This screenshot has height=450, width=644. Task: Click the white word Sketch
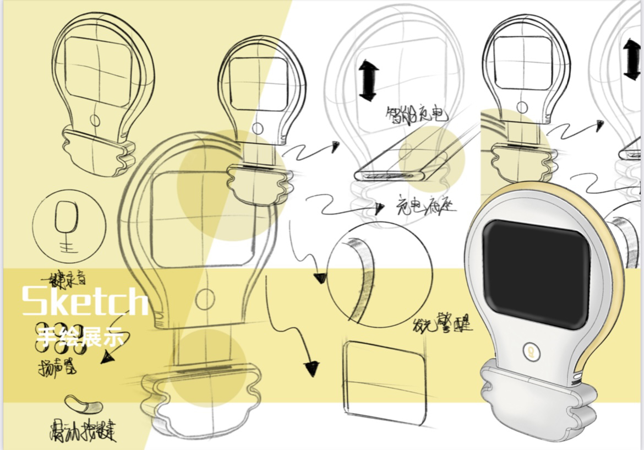point(85,301)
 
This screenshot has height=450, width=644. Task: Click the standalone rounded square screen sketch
point(385,380)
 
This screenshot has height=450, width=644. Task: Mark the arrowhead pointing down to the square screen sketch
point(312,368)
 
